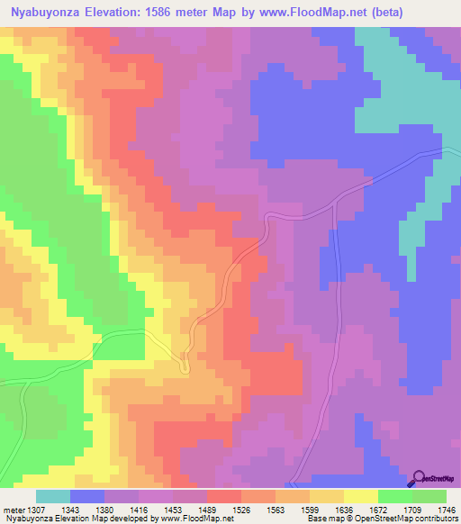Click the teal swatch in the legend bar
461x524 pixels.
click(x=53, y=496)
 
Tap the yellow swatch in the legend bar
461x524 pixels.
click(x=361, y=496)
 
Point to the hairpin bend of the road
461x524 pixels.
click(x=185, y=367)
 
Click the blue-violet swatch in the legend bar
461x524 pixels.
click(x=87, y=496)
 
